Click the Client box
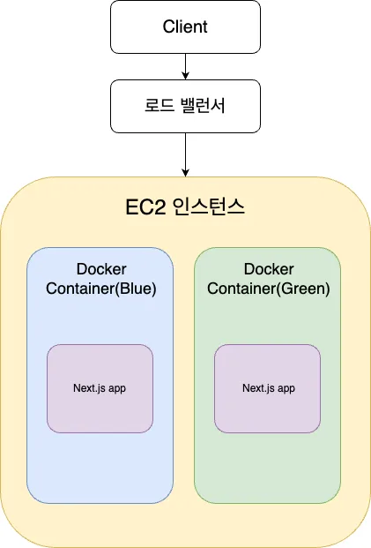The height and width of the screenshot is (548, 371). tap(185, 26)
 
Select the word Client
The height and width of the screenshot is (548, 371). tap(185, 26)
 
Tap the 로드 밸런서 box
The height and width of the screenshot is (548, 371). tap(185, 106)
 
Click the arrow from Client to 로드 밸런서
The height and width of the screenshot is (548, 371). tap(185, 66)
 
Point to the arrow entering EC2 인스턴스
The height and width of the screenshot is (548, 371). tap(185, 154)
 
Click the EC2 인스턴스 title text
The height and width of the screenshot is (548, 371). tap(185, 207)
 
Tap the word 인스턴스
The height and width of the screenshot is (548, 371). tap(209, 207)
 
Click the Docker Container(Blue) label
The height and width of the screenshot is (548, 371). tap(101, 279)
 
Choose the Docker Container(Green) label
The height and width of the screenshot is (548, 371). tap(269, 279)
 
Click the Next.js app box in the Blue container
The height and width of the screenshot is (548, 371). tap(100, 388)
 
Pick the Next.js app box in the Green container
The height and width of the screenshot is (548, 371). tap(267, 388)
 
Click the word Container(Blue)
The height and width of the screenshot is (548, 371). tap(101, 289)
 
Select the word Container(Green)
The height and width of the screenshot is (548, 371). tap(269, 289)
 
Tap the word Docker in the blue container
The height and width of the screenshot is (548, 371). tap(101, 269)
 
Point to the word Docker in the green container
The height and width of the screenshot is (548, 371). tap(269, 269)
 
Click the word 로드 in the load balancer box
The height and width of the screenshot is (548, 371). tap(160, 106)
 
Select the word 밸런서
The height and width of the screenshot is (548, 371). tap(204, 106)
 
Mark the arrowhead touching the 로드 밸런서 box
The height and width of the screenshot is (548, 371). tap(185, 76)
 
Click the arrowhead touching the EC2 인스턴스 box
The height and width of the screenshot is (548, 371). tap(185, 173)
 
